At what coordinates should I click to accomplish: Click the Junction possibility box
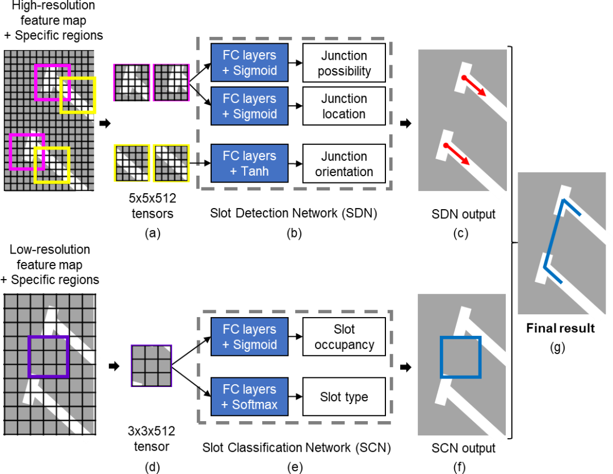(x=344, y=63)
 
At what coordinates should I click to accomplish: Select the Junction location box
(x=344, y=106)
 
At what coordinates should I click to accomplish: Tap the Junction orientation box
(x=344, y=164)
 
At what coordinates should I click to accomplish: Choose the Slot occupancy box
(x=344, y=337)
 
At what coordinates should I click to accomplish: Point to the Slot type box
(x=344, y=397)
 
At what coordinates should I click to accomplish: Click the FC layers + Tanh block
(x=250, y=164)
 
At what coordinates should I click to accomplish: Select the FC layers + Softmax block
(x=250, y=397)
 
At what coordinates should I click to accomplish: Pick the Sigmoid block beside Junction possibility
(x=250, y=63)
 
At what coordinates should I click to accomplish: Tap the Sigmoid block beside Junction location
(x=250, y=106)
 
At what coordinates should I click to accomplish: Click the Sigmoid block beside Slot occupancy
(x=250, y=337)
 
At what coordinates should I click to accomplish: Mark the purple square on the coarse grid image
(x=48, y=356)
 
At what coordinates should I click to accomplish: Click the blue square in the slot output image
(x=460, y=357)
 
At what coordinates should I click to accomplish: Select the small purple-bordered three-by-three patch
(x=151, y=365)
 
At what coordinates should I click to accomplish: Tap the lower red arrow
(x=457, y=155)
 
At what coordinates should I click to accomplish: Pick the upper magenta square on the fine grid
(x=52, y=82)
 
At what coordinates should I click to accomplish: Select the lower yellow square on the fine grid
(x=52, y=165)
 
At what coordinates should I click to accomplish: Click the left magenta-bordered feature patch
(x=132, y=82)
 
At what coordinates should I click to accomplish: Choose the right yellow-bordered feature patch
(x=171, y=163)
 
